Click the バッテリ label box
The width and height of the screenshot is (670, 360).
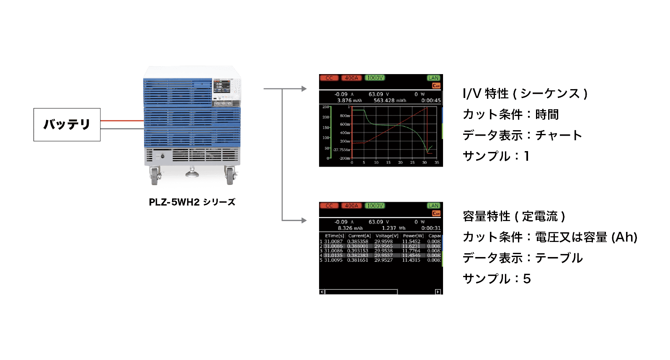pos(67,124)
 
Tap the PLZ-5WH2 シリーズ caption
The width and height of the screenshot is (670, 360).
pos(192,202)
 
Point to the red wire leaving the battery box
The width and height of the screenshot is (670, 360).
pos(122,121)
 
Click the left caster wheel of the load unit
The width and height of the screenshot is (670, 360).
pos(155,176)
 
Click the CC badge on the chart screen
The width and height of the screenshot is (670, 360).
pos(329,78)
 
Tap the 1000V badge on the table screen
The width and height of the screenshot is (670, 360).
pos(375,206)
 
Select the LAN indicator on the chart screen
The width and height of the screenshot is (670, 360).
pos(433,78)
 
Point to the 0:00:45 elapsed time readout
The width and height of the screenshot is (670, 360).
pos(431,100)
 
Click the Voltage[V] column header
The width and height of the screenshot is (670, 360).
pos(387,236)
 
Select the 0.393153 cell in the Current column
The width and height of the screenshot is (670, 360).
pos(358,251)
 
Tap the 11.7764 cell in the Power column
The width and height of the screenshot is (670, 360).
pos(411,251)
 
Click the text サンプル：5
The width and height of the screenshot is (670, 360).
pos(497,279)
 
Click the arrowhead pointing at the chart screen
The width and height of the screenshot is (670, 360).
pos(304,89)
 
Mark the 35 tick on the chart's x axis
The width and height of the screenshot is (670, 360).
pos(437,162)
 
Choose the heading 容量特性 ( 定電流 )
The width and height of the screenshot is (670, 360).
pos(514,216)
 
